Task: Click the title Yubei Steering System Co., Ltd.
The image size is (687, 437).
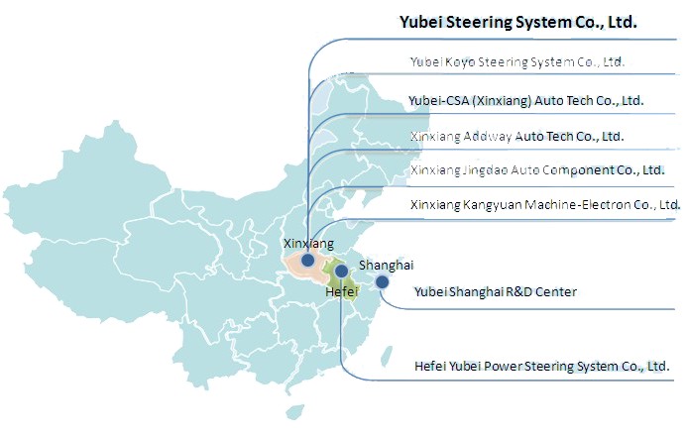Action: tap(516, 21)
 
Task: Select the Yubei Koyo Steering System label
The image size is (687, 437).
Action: tap(516, 61)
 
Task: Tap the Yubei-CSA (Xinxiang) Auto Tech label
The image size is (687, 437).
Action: tap(525, 100)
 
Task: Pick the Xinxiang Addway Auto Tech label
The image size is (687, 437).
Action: tap(516, 135)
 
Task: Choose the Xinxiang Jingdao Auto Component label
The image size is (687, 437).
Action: tap(536, 169)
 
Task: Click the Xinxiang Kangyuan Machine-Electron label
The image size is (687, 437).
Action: tap(544, 204)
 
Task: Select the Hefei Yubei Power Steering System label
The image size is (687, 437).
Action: tap(541, 366)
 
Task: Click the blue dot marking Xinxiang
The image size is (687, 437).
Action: tap(308, 260)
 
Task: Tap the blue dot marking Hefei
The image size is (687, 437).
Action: tap(341, 271)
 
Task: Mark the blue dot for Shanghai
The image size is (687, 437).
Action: tap(383, 282)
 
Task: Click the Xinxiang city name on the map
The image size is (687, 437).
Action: tap(308, 243)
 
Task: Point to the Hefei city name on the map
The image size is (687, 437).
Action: tap(341, 291)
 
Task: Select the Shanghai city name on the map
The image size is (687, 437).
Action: tap(386, 265)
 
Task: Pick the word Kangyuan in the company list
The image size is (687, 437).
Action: tap(487, 204)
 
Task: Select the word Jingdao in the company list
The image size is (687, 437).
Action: tap(479, 169)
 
